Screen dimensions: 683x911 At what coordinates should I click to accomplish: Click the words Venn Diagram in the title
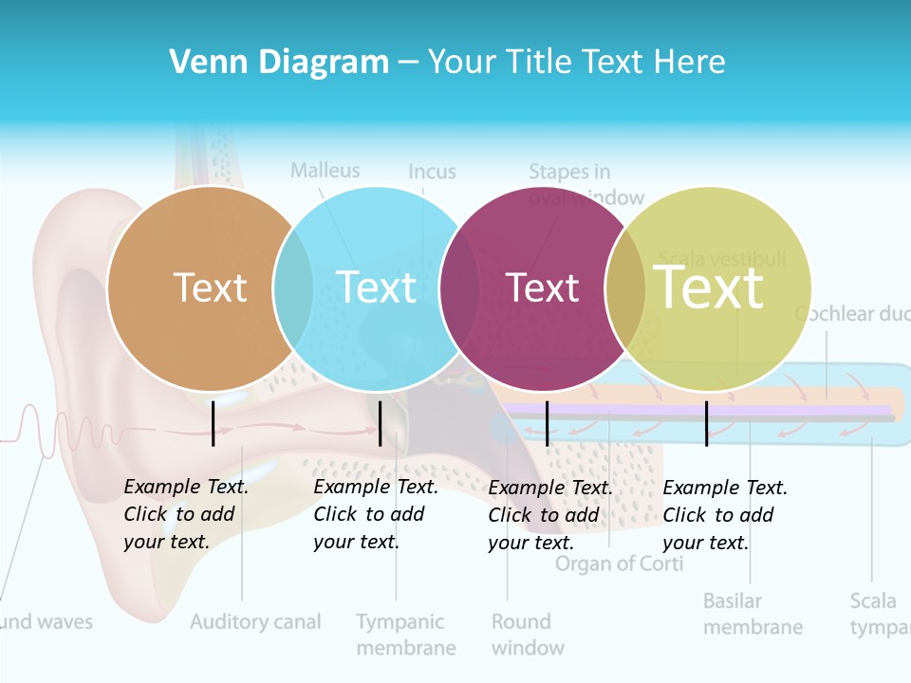[x=279, y=63]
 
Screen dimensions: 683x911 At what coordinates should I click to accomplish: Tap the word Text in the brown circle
[x=210, y=287]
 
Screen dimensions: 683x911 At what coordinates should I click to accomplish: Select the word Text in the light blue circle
[x=376, y=287]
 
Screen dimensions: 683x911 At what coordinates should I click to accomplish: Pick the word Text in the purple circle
[x=542, y=287]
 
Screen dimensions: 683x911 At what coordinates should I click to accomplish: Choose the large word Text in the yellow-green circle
[x=709, y=286]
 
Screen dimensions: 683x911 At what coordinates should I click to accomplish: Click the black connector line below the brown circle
[x=214, y=423]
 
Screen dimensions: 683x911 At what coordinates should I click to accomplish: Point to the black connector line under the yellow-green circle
[x=707, y=423]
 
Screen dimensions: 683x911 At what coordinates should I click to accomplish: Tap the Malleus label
[x=325, y=171]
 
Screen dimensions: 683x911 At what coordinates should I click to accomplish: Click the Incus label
[x=432, y=173]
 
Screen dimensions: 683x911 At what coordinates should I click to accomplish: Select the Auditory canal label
[x=255, y=622]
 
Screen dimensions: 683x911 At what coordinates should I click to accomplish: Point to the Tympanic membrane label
[x=405, y=635]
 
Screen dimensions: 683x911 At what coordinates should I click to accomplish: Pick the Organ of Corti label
[x=619, y=564]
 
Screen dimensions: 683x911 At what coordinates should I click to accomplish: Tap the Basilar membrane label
[x=753, y=614]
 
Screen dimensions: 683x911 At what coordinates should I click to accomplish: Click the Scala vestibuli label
[x=722, y=259]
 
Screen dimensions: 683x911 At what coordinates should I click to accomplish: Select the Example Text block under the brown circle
[x=186, y=514]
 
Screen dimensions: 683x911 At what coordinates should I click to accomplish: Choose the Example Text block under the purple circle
[x=550, y=515]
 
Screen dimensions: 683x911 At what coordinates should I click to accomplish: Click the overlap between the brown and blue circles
[x=293, y=287]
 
